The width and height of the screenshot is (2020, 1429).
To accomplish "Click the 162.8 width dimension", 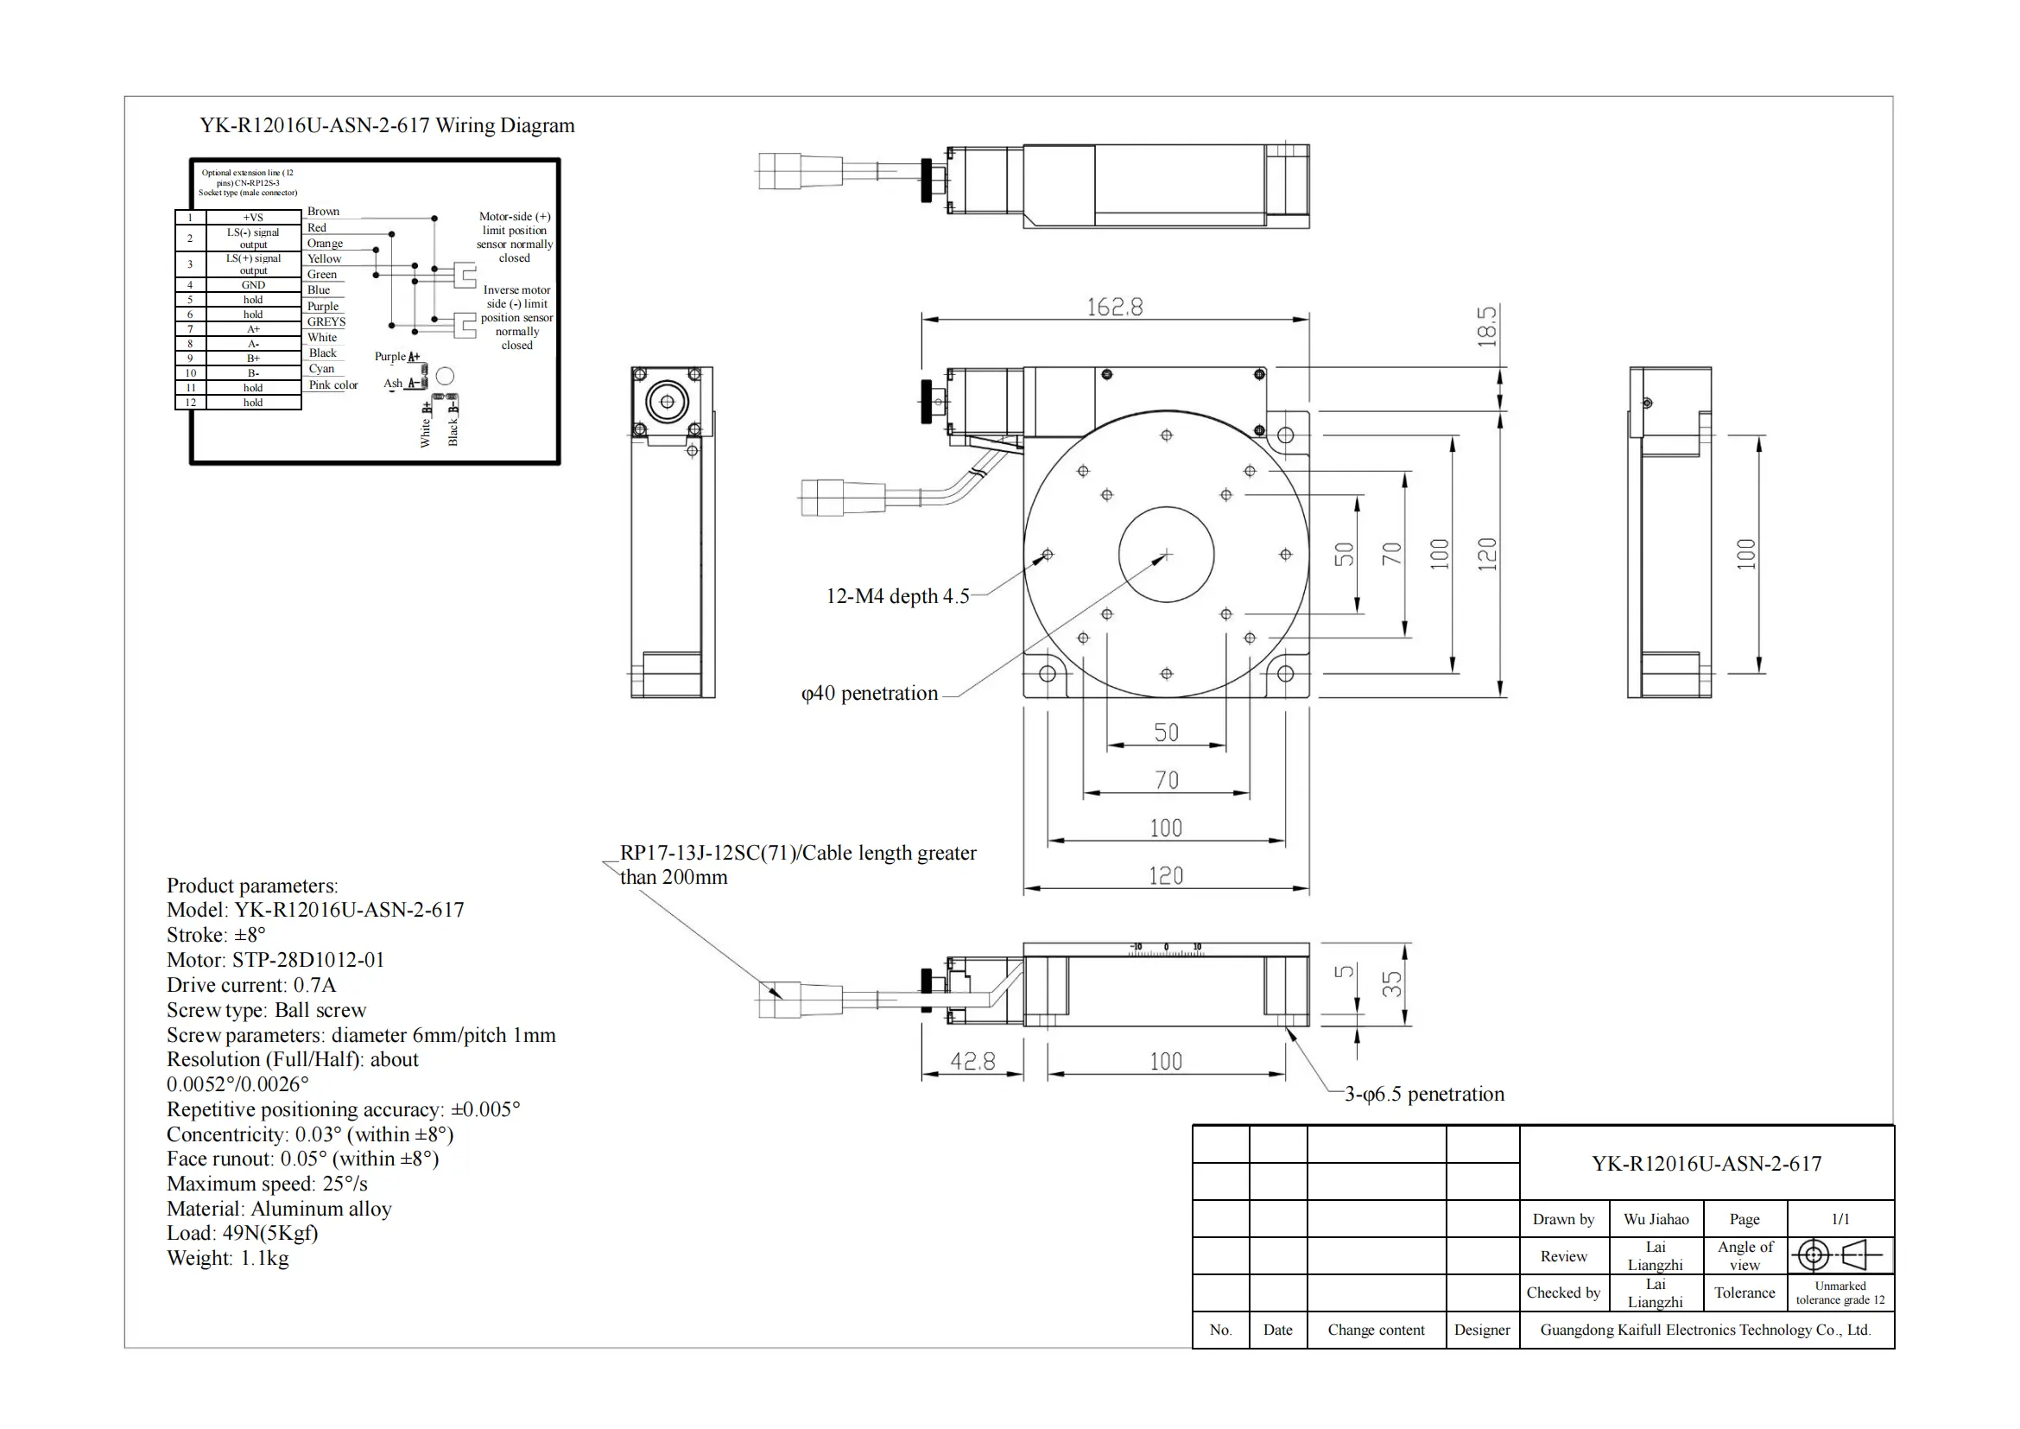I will tap(1115, 307).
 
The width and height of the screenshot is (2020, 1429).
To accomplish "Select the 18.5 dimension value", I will tap(1487, 326).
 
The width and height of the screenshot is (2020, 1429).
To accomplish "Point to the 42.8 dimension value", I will tap(972, 1061).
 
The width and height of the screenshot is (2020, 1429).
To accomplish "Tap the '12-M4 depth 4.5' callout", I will tap(897, 596).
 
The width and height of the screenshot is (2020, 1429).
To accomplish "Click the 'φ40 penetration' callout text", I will tap(870, 694).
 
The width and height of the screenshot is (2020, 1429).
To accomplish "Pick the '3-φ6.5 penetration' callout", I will tap(1424, 1094).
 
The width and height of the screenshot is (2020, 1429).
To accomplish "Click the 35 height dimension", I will tap(1392, 984).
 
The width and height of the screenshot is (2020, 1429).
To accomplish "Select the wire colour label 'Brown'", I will tap(323, 211).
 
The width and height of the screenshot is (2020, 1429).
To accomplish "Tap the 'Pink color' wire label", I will tap(332, 384).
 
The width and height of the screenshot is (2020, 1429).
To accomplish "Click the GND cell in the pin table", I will tap(253, 285).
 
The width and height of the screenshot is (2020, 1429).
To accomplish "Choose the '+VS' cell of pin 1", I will tap(253, 218).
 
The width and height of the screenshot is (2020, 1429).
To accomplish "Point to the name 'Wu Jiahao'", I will tap(1656, 1219).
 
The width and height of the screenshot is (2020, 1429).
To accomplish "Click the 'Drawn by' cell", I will tap(1563, 1219).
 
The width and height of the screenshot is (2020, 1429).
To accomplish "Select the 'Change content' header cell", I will tap(1376, 1330).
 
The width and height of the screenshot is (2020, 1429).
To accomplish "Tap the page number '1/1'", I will tap(1840, 1219).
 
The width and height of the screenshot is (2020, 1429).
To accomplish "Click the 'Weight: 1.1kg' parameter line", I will tap(228, 1258).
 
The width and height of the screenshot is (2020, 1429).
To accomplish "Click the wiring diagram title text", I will tap(387, 125).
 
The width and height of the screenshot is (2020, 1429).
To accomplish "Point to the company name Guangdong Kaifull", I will tap(1705, 1330).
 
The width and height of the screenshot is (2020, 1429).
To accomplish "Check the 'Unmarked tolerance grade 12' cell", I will tap(1840, 1292).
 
